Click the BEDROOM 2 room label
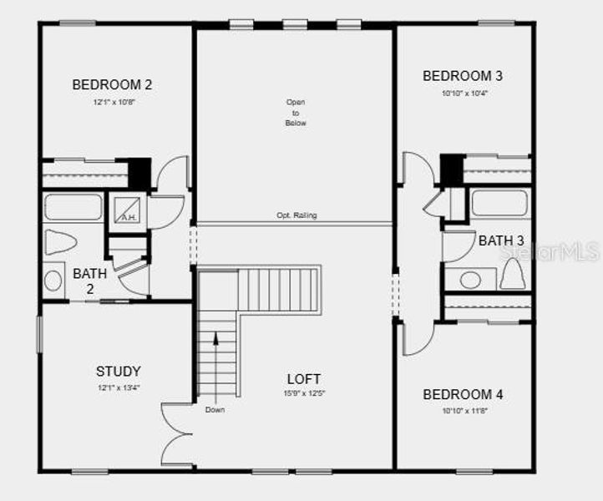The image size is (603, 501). [x=112, y=84]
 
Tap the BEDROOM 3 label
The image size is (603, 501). [x=463, y=76]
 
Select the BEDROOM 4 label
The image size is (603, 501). [x=463, y=394]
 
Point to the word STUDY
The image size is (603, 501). [x=118, y=372]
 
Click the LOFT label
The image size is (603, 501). [x=303, y=379]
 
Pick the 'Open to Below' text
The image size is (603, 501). [x=296, y=113]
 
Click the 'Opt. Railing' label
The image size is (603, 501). [x=296, y=215]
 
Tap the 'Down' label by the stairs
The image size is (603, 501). [x=215, y=410]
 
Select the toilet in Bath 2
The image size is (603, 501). [x=60, y=242]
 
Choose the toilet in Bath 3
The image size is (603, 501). [x=512, y=274]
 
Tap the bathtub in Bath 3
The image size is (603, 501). [x=499, y=203]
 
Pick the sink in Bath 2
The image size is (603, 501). [x=53, y=279]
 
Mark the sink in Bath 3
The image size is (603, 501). [x=470, y=280]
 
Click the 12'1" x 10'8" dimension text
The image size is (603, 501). [x=114, y=103]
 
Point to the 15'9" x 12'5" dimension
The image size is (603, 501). [x=303, y=393]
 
